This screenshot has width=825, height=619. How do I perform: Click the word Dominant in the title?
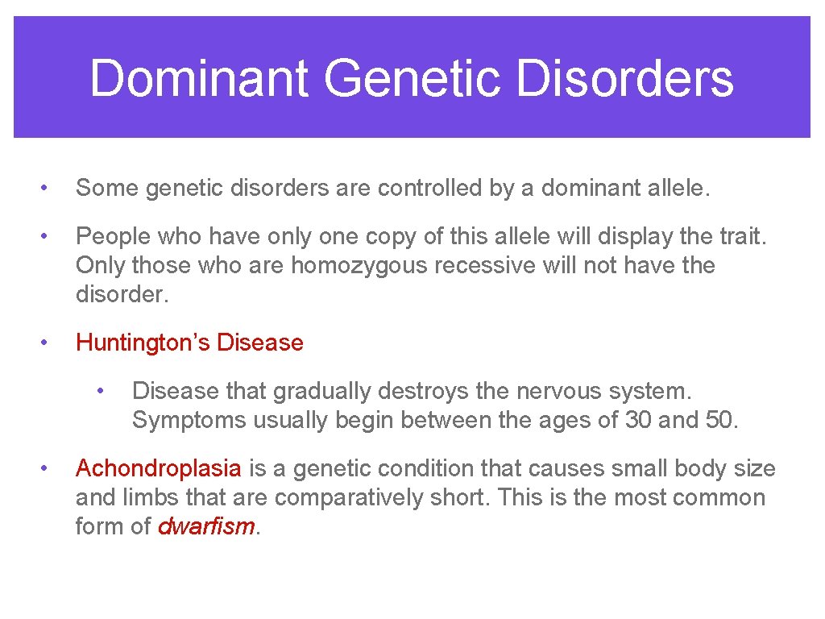(x=199, y=79)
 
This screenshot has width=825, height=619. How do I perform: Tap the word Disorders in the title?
(x=624, y=79)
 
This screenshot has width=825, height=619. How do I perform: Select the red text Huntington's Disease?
(x=189, y=343)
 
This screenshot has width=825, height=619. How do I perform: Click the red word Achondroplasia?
(x=158, y=468)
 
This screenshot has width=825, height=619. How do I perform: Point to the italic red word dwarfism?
(x=206, y=526)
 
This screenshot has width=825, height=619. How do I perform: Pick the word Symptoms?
(x=189, y=420)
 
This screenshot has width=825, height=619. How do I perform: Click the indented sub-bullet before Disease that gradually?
(x=101, y=391)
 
